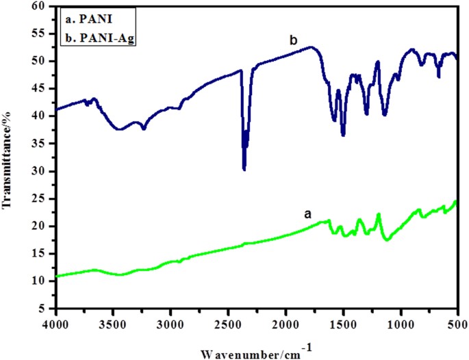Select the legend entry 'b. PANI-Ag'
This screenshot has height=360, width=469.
[x=96, y=29]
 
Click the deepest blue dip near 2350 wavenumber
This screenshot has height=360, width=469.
[x=244, y=169]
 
